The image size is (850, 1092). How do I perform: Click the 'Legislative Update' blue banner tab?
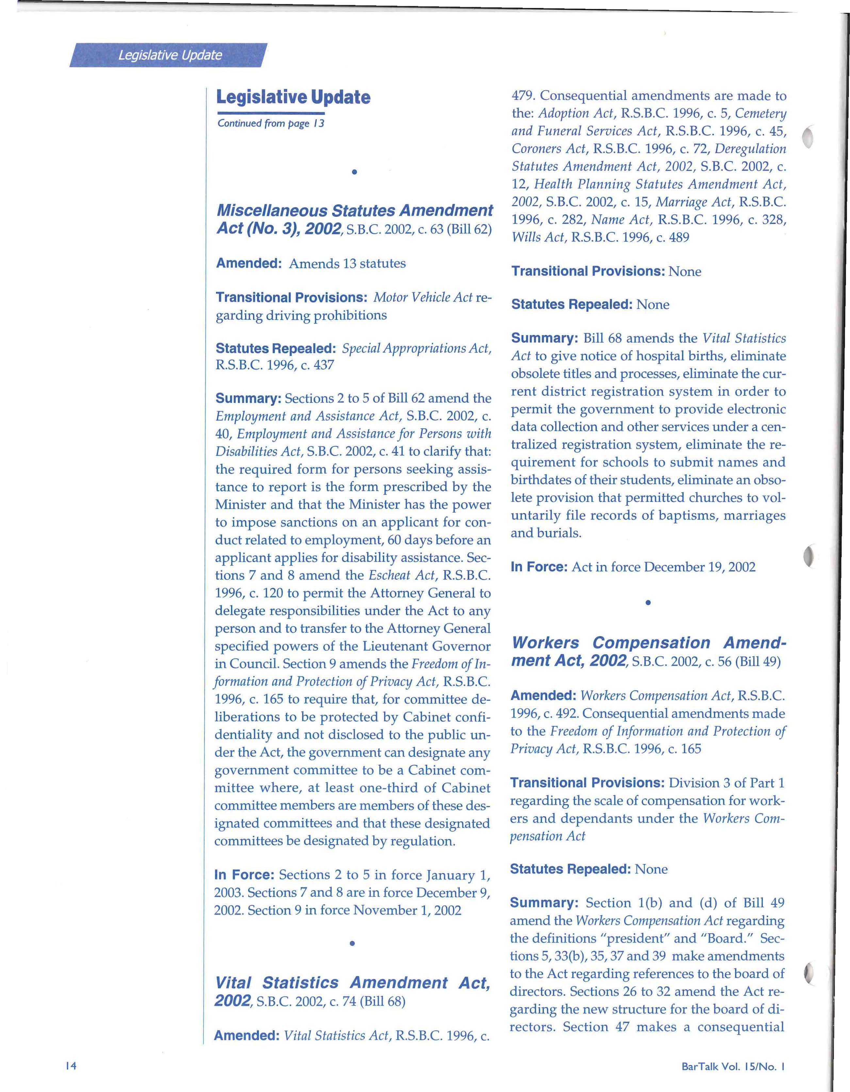(x=170, y=55)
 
